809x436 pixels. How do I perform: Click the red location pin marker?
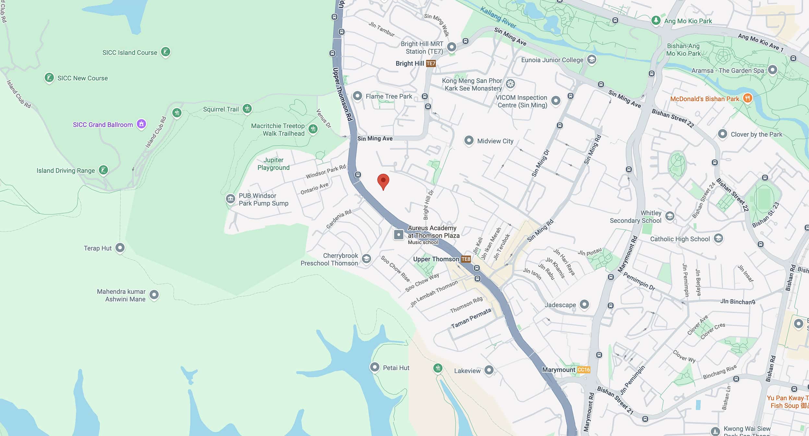(383, 181)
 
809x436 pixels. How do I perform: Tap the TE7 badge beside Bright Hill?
(431, 64)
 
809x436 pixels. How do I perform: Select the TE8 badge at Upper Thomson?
(466, 259)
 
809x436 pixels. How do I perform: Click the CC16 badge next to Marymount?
(584, 369)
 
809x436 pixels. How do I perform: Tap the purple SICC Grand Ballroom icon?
(141, 124)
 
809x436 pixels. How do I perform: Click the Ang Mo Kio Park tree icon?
(656, 20)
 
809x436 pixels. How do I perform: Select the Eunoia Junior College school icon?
(592, 60)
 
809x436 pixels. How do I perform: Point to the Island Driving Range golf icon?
(103, 170)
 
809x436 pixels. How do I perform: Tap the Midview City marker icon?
(469, 140)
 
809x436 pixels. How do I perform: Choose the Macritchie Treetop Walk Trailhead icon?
(313, 129)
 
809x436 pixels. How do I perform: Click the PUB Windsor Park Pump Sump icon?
(230, 199)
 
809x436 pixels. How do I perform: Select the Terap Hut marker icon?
(120, 248)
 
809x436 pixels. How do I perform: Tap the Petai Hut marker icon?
(375, 367)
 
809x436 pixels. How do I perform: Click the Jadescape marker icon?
(584, 304)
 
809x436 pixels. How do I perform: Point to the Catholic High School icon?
(718, 238)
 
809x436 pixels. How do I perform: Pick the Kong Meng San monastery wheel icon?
(510, 84)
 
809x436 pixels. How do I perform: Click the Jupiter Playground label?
(273, 164)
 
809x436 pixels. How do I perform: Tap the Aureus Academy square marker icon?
(399, 234)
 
